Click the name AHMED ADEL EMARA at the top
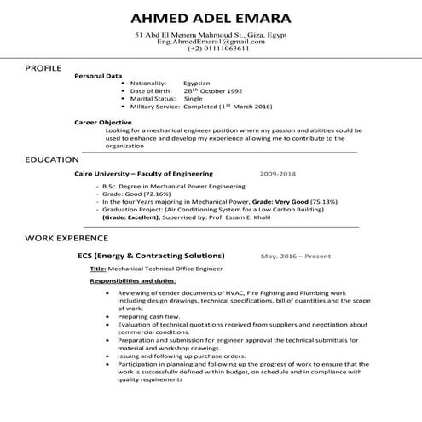(x=211, y=18)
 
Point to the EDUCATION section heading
(x=52, y=159)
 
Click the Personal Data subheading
(x=99, y=76)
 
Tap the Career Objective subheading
(x=103, y=122)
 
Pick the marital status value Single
(x=194, y=99)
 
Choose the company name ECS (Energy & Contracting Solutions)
(x=151, y=256)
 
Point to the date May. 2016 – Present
(x=297, y=256)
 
